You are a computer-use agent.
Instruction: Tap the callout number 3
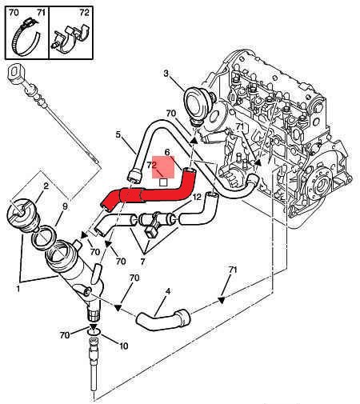coord(166,73)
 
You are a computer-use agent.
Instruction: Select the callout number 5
coord(118,135)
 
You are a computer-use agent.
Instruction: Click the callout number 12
coord(197,197)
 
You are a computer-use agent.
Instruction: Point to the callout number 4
coord(168,291)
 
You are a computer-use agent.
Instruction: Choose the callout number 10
coord(123,346)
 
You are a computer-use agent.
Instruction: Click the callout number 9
coord(65,206)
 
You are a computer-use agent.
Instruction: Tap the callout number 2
coord(46,186)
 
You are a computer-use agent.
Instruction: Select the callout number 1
coord(18,289)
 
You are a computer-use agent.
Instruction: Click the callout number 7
coord(142,262)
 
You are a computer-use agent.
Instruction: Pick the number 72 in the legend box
coord(84,13)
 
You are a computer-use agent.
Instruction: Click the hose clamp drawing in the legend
coord(26,38)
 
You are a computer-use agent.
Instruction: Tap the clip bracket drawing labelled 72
coord(70,38)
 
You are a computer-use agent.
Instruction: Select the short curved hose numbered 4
coord(163,320)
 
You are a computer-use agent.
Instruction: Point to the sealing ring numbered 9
coord(43,238)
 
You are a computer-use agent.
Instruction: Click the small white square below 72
coord(163,182)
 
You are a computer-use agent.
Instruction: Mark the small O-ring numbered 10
coord(94,331)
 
